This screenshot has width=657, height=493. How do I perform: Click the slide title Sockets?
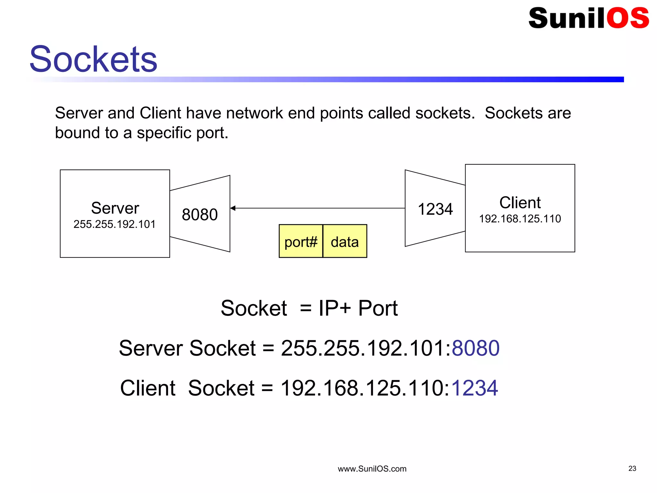click(93, 59)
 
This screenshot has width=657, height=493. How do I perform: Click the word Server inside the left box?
click(115, 208)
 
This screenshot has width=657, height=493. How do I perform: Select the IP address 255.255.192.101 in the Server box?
click(115, 224)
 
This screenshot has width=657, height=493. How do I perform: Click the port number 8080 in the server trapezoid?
click(200, 214)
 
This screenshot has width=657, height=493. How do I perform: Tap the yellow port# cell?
click(301, 242)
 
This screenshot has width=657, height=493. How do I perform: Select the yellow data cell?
click(345, 242)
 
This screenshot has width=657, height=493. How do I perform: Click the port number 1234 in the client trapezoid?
click(435, 209)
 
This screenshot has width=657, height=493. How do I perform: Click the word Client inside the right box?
click(520, 203)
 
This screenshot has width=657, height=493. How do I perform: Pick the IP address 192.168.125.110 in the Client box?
click(520, 219)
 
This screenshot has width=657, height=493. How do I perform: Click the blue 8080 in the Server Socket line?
click(475, 348)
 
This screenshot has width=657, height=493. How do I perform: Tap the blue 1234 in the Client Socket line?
click(474, 388)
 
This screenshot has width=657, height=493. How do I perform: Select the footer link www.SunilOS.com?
click(372, 469)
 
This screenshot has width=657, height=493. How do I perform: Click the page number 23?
click(632, 469)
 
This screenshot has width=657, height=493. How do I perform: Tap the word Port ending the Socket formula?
click(378, 308)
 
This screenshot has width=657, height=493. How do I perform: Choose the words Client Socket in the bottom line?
click(187, 388)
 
